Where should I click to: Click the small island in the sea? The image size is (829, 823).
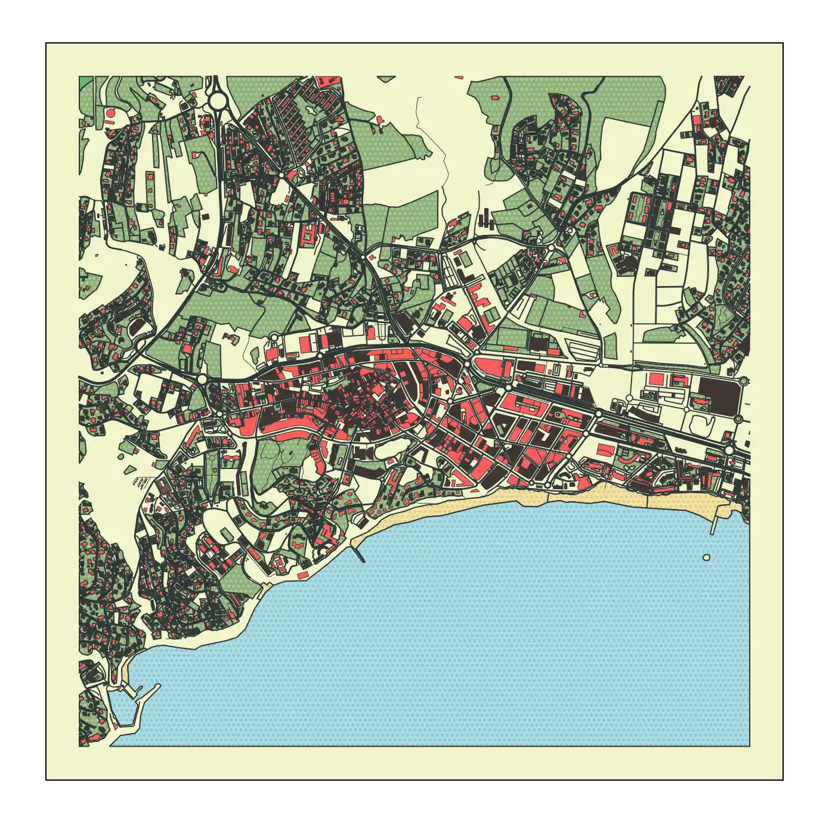(707, 557)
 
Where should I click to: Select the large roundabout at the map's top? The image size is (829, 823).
(218, 100)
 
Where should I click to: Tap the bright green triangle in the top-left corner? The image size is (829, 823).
(85, 82)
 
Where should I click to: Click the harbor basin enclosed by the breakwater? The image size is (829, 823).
(122, 709)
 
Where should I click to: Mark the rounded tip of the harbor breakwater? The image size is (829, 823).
(158, 686)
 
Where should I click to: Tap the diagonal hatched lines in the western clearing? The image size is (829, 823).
(143, 482)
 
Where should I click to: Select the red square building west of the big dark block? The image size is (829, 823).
(656, 379)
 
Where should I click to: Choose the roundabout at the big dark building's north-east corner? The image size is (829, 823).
(743, 380)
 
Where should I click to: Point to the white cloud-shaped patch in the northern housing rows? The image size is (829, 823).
(311, 109)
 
